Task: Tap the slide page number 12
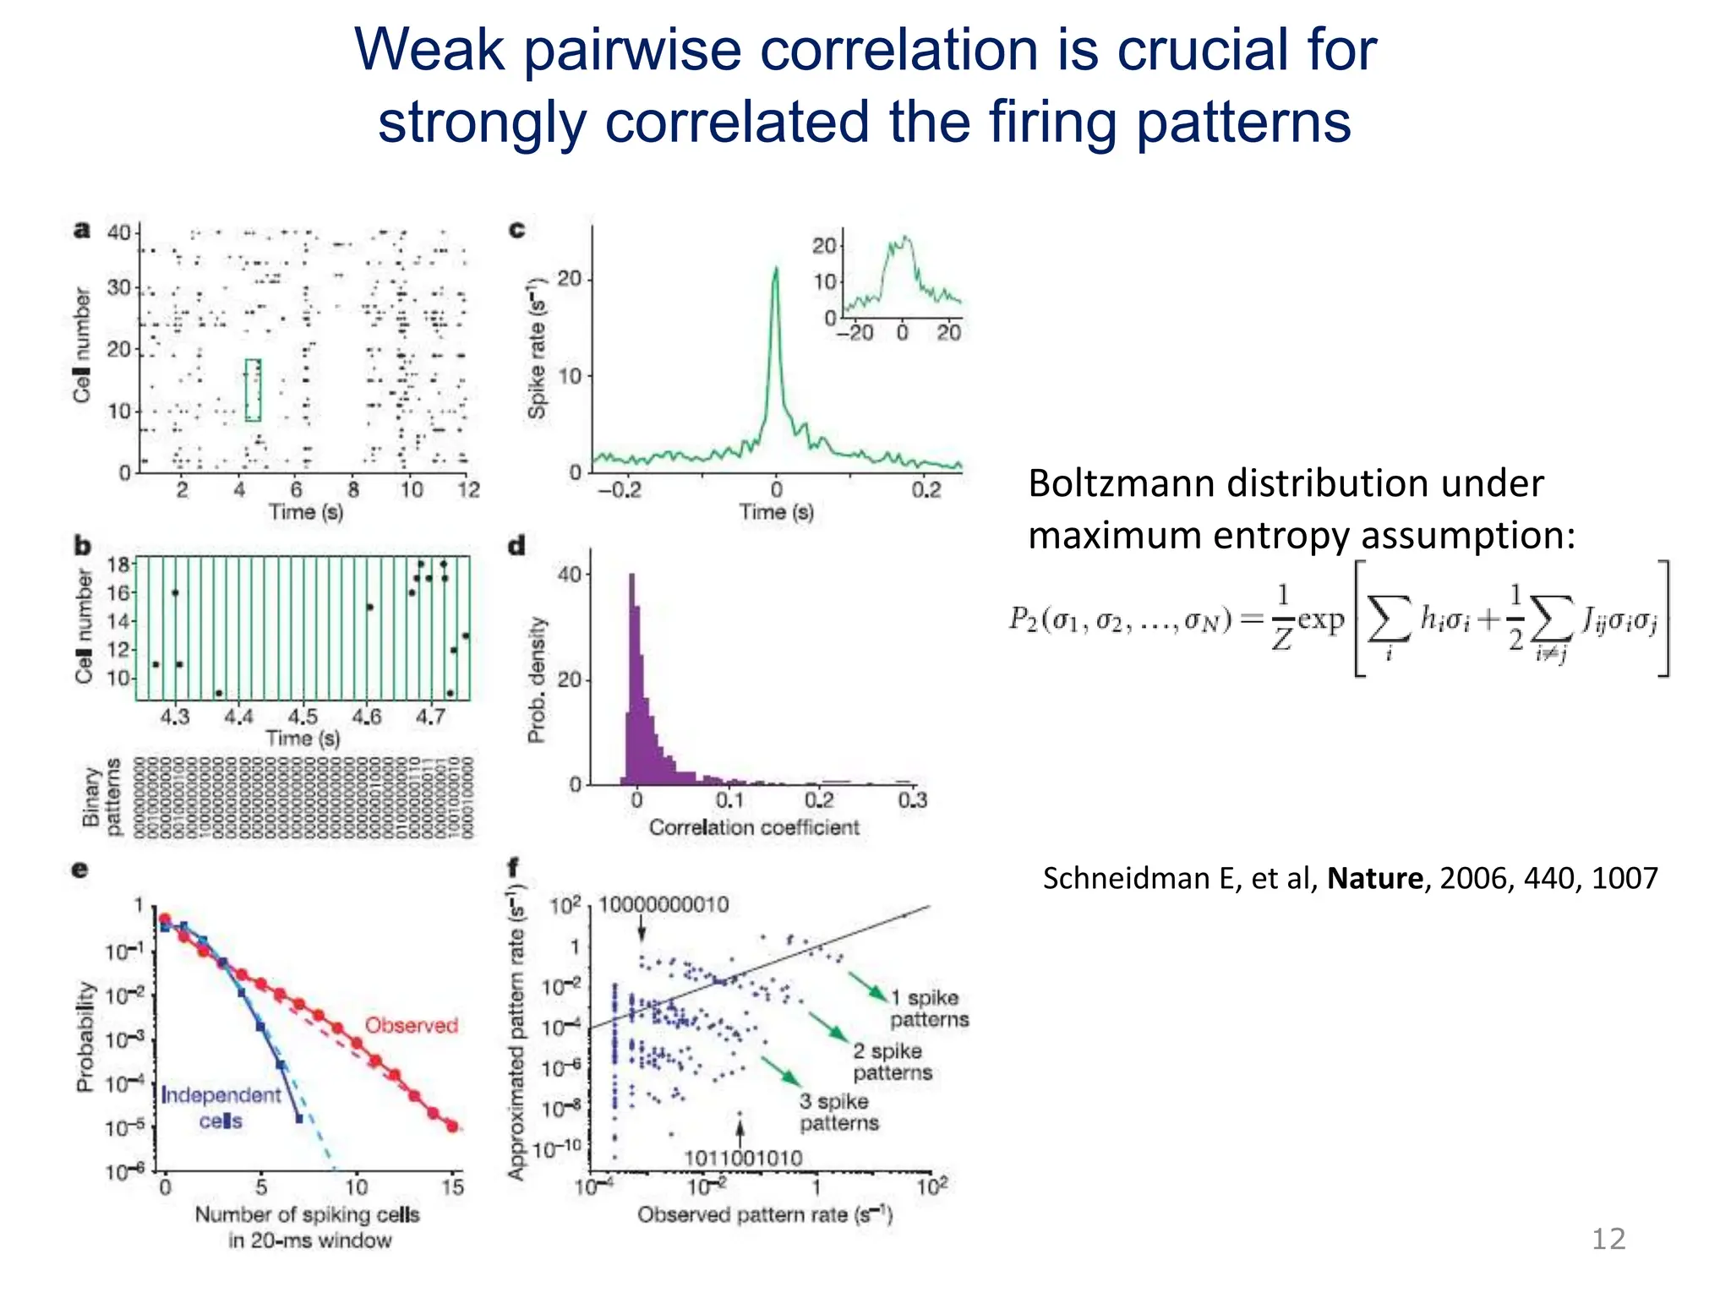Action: (1608, 1239)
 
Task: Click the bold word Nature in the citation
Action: (1374, 879)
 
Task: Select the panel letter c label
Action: (516, 230)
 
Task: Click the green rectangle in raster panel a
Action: (253, 390)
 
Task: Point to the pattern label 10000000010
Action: (663, 905)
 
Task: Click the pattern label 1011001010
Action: (742, 1158)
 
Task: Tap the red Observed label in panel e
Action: (411, 1025)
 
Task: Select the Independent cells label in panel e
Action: (221, 1107)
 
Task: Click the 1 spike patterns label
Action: (928, 1008)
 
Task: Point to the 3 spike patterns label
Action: (838, 1112)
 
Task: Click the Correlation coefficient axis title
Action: (754, 827)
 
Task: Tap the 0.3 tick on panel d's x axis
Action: (912, 800)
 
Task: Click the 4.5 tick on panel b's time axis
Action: (303, 717)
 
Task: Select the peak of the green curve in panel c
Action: (775, 269)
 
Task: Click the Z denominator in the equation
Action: (1281, 641)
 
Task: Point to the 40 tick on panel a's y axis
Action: (118, 232)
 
